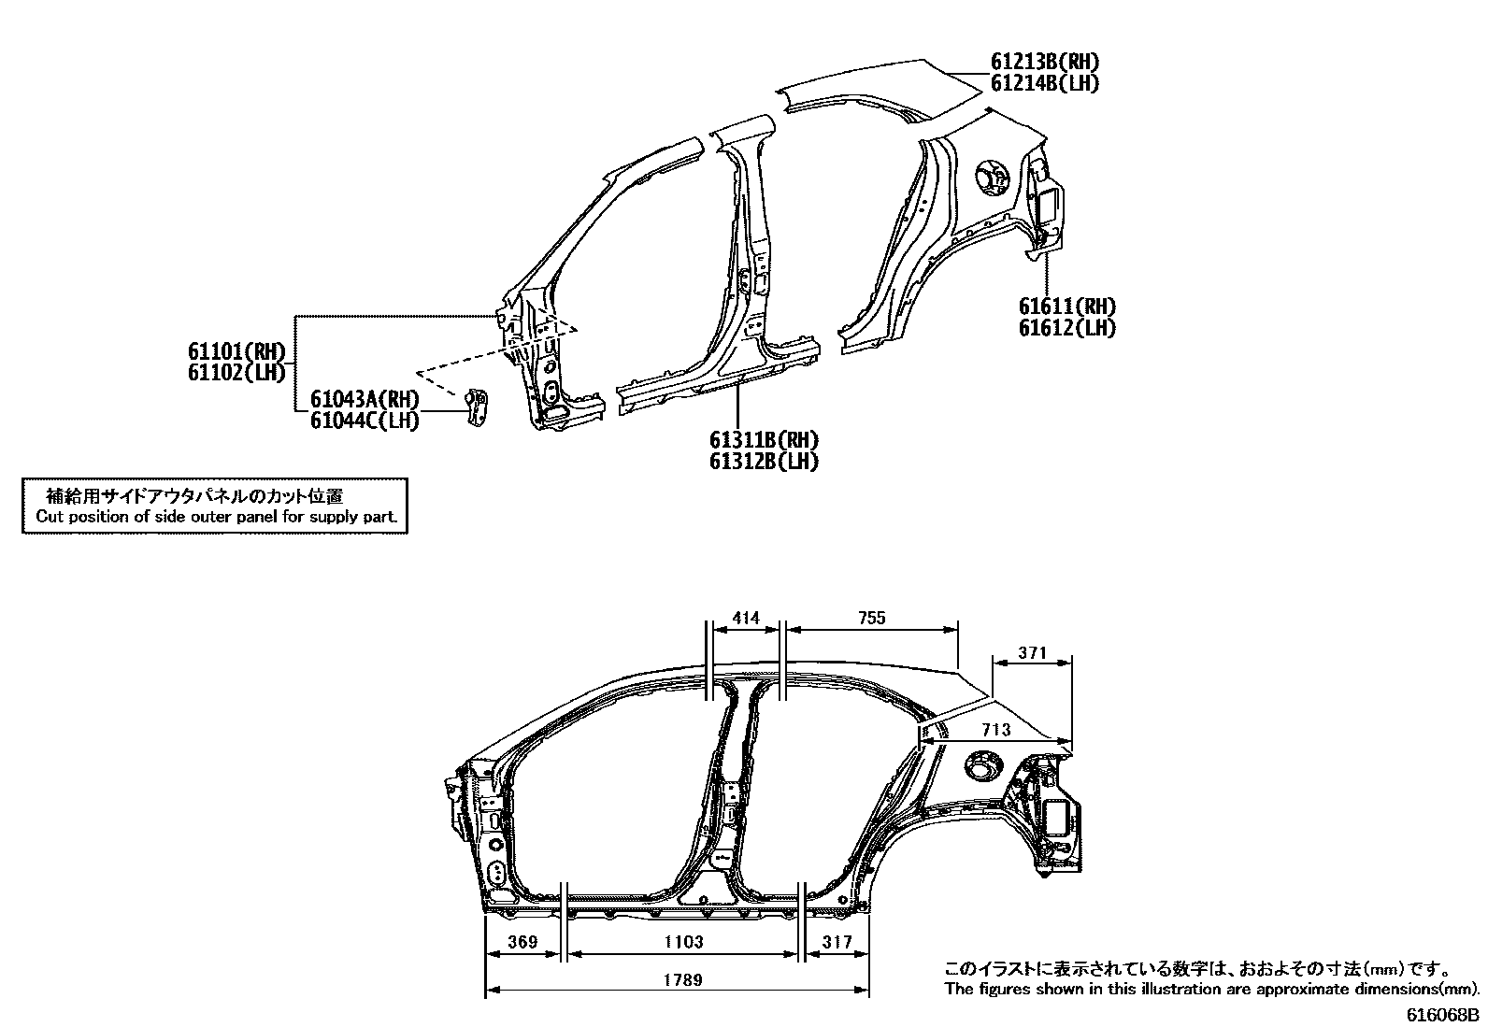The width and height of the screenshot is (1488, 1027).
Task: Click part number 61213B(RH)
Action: click(1045, 63)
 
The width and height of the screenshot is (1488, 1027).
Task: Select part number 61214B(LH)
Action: click(1045, 84)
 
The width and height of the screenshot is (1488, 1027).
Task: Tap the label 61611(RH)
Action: click(1066, 307)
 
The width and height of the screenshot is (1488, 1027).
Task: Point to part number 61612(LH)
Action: click(1066, 328)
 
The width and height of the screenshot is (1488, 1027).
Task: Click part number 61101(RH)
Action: click(236, 351)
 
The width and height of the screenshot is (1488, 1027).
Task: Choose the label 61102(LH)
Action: click(236, 372)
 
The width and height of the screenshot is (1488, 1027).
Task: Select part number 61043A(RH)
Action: click(365, 400)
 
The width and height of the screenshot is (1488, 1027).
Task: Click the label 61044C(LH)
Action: click(365, 421)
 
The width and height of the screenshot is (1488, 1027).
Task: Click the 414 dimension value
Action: click(746, 618)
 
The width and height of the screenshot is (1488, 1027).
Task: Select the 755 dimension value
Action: click(870, 618)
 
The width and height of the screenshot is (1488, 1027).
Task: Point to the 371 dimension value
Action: click(1032, 653)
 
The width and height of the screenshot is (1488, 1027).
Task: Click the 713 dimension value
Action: click(996, 730)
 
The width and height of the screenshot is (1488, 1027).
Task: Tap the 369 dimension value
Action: click(523, 942)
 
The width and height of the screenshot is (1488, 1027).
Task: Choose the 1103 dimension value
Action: click(684, 942)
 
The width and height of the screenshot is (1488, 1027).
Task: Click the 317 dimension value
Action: click(837, 942)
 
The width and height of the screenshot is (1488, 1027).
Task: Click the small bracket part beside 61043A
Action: click(478, 409)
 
